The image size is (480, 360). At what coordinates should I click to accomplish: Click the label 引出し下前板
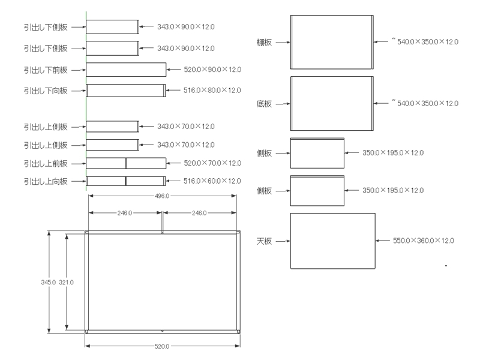[46, 70]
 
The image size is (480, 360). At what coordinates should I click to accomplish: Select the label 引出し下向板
[46, 91]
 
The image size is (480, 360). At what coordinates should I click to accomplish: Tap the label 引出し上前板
[46, 163]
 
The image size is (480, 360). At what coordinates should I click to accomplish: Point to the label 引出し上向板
[46, 181]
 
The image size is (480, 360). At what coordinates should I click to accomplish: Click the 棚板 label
[264, 42]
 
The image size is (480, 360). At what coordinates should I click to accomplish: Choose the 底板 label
[264, 104]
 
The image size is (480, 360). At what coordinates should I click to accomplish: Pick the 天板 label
[264, 241]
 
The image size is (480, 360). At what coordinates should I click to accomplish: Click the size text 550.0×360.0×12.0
[423, 241]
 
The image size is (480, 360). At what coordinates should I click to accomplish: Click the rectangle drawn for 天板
[332, 241]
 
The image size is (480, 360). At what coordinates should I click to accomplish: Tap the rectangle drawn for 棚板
[332, 42]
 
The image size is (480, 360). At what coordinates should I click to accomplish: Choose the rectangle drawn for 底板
[332, 103]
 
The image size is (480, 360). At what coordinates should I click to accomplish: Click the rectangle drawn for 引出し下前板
[126, 70]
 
